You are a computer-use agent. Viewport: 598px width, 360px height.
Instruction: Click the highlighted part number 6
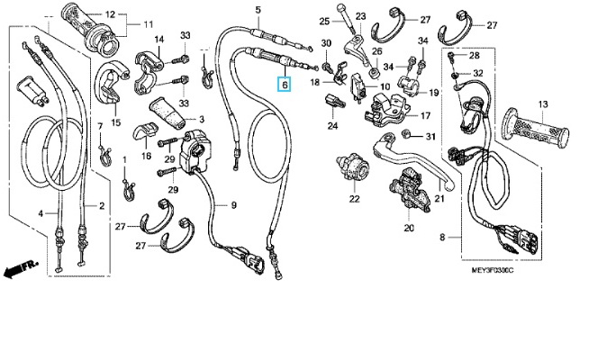pyautogui.click(x=284, y=85)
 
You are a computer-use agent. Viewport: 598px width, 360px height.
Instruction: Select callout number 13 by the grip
pyautogui.click(x=543, y=104)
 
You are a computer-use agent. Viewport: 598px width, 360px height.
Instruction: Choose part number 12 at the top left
pyautogui.click(x=110, y=15)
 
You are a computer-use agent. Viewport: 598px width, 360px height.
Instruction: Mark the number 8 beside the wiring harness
pyautogui.click(x=442, y=237)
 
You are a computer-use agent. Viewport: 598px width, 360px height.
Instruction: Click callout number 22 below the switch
pyautogui.click(x=354, y=199)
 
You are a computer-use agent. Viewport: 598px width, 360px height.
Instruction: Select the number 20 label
pyautogui.click(x=408, y=228)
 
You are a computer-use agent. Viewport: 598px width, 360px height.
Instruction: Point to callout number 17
pyautogui.click(x=425, y=115)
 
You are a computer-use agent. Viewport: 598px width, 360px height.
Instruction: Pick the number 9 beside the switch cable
pyautogui.click(x=232, y=205)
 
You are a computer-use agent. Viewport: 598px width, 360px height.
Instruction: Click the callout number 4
pyautogui.click(x=40, y=213)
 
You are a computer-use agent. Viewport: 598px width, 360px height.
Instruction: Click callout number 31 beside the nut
pyautogui.click(x=430, y=137)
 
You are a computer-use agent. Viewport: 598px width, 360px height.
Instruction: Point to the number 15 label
pyautogui.click(x=115, y=122)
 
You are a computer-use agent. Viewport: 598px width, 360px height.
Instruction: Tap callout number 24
pyautogui.click(x=332, y=125)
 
